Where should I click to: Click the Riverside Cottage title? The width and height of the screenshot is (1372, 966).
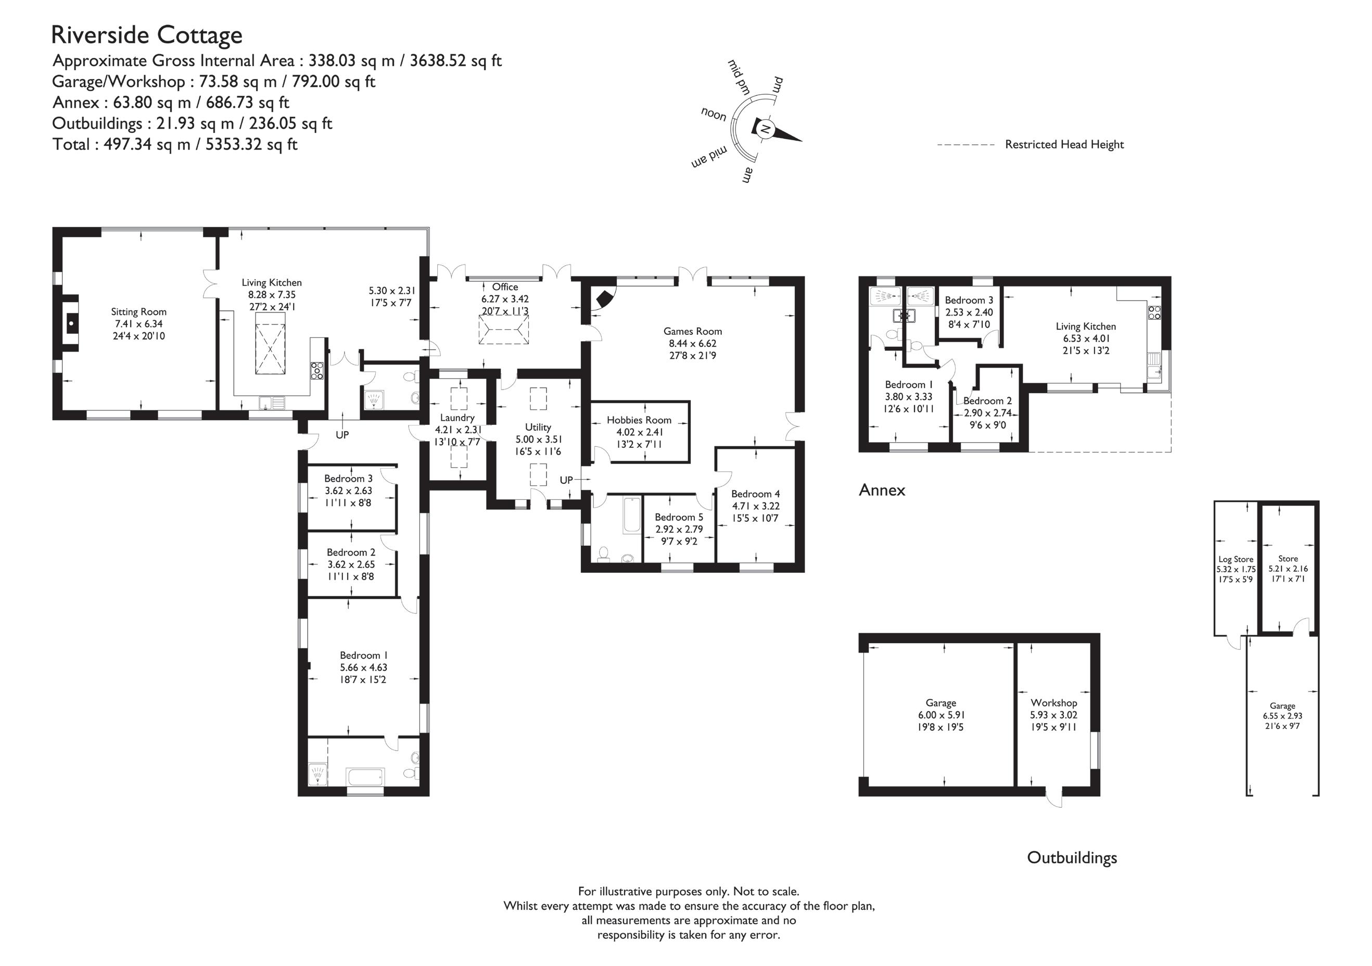[147, 35]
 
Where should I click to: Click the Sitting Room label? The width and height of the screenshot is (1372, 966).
[138, 311]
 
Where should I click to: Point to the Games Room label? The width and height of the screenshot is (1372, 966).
[693, 331]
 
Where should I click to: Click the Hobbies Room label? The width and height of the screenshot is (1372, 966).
[639, 420]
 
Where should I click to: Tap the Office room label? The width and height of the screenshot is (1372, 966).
[505, 287]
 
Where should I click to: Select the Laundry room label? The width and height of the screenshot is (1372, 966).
[457, 418]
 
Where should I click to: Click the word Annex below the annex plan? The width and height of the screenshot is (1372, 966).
[882, 490]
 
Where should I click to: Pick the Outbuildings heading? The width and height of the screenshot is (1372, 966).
[1072, 858]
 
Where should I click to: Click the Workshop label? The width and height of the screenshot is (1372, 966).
[1053, 703]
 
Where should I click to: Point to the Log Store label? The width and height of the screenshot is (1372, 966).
[1236, 559]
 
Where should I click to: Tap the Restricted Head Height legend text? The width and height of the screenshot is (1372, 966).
[1064, 144]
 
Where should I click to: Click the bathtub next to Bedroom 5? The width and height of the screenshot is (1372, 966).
[631, 515]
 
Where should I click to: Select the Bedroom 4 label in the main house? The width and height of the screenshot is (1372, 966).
[755, 494]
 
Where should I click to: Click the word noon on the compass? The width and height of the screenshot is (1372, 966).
[714, 114]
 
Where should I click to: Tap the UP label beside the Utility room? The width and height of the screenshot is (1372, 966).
[566, 480]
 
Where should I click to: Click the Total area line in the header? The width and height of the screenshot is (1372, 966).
[174, 144]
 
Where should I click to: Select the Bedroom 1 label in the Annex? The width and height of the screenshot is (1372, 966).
[909, 384]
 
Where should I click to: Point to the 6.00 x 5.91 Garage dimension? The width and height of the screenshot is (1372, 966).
[941, 715]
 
